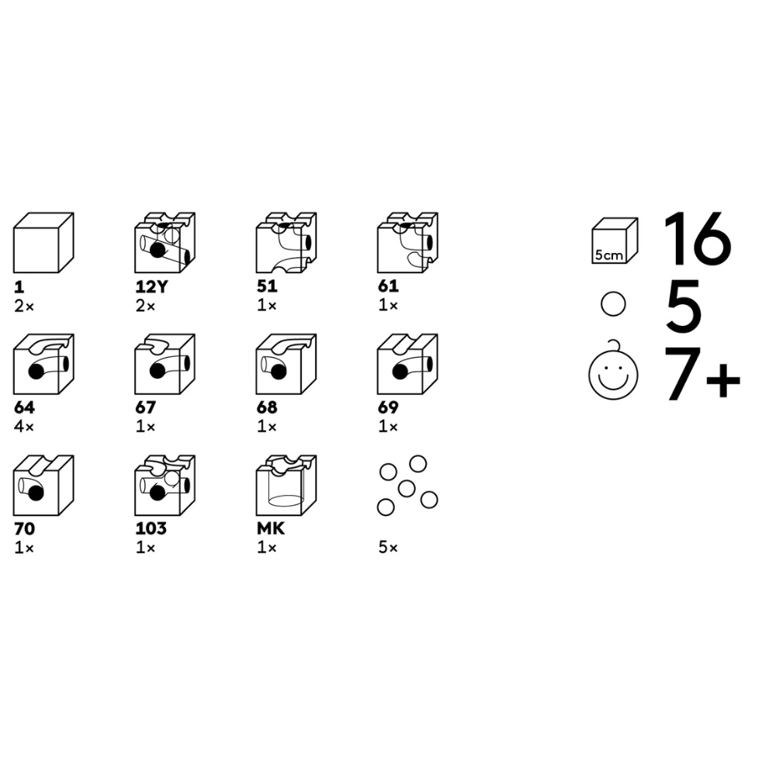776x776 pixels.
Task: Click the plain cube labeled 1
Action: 43,243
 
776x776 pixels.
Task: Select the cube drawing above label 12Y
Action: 165,243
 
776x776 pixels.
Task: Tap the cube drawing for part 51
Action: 286,243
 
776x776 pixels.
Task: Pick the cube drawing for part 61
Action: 408,243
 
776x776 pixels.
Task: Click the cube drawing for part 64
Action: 43,364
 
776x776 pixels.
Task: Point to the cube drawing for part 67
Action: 165,364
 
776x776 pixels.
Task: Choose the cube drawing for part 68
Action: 286,364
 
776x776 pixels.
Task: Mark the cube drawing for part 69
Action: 408,364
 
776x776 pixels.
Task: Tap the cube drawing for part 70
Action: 43,486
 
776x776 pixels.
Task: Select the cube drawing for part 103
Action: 165,486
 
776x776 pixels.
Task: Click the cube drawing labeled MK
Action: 286,486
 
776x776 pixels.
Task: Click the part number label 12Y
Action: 152,286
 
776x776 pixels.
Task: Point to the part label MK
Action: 271,528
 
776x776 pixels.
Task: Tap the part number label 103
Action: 151,528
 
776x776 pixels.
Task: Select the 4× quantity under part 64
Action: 24,426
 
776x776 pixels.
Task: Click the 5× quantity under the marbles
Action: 388,547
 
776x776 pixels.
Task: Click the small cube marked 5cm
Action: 615,241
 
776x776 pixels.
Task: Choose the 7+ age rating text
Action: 702,373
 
